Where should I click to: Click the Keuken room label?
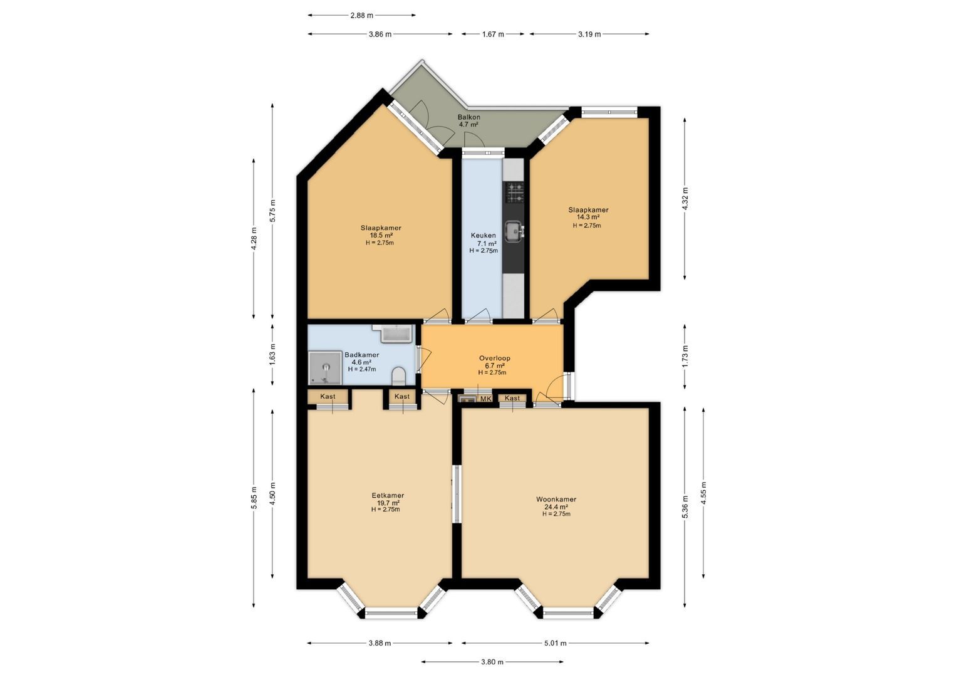coord(483,236)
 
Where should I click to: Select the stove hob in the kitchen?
coord(515,193)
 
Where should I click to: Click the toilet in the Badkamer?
coord(398,377)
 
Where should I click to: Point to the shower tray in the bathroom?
coord(324,368)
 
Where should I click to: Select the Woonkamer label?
coord(556,500)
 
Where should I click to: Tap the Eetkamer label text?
coord(387,495)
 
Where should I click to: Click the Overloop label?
coord(494,359)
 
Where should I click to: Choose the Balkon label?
coord(468,117)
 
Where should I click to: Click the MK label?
coord(485,399)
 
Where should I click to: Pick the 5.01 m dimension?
coord(555,643)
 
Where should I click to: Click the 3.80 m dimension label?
coord(492,662)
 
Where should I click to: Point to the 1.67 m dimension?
coord(493,34)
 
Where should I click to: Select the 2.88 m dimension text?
coord(361,15)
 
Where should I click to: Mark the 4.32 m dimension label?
coord(685,199)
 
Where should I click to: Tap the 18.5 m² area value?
coord(381,236)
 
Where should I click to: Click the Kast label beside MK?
coord(512,398)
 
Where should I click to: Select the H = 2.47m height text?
coord(362,369)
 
